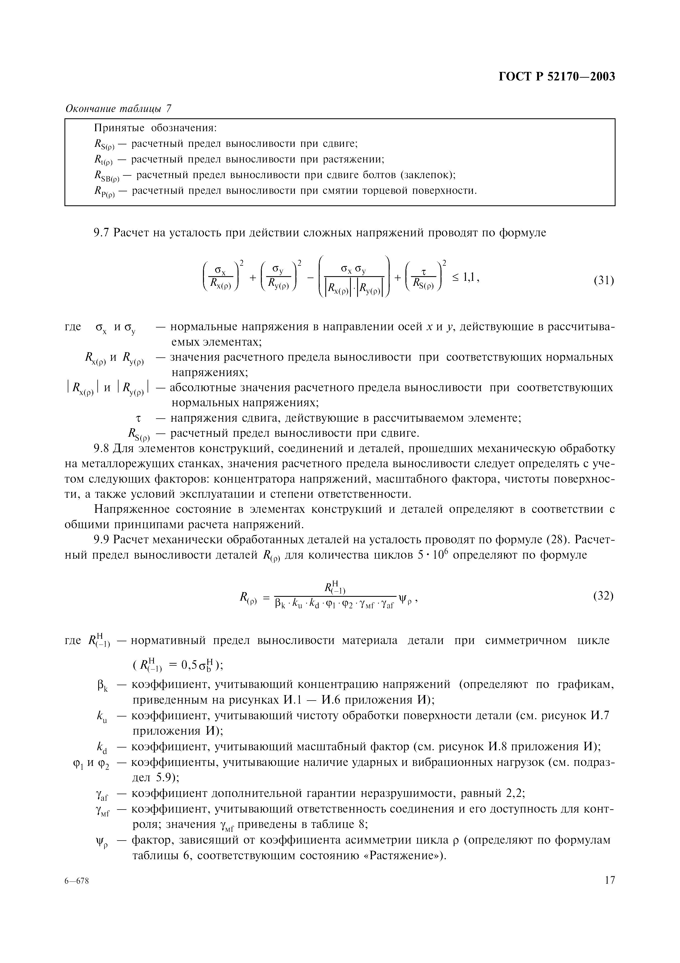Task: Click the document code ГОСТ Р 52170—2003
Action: (x=557, y=77)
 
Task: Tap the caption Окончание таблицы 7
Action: (x=118, y=109)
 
